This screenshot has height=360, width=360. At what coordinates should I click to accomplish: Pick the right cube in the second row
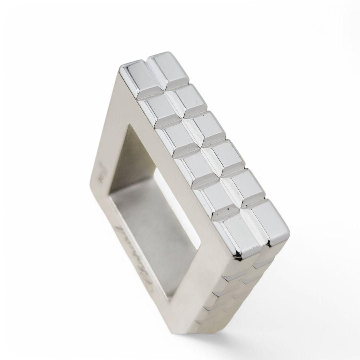188,98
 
